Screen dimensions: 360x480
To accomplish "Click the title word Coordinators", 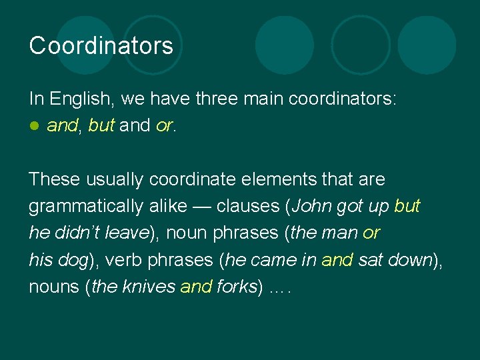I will pyautogui.click(x=101, y=46).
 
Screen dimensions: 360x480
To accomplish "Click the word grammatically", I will pyautogui.click(x=85, y=206).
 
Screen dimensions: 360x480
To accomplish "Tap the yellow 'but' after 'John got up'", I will pyautogui.click(x=407, y=206).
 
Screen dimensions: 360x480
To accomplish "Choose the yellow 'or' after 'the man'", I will pyautogui.click(x=371, y=233).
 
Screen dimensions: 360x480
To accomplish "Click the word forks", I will pyautogui.click(x=237, y=286).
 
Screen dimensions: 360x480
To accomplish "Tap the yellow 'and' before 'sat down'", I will pyautogui.click(x=337, y=259).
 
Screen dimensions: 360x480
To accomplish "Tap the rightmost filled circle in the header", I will pyautogui.click(x=427, y=45).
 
